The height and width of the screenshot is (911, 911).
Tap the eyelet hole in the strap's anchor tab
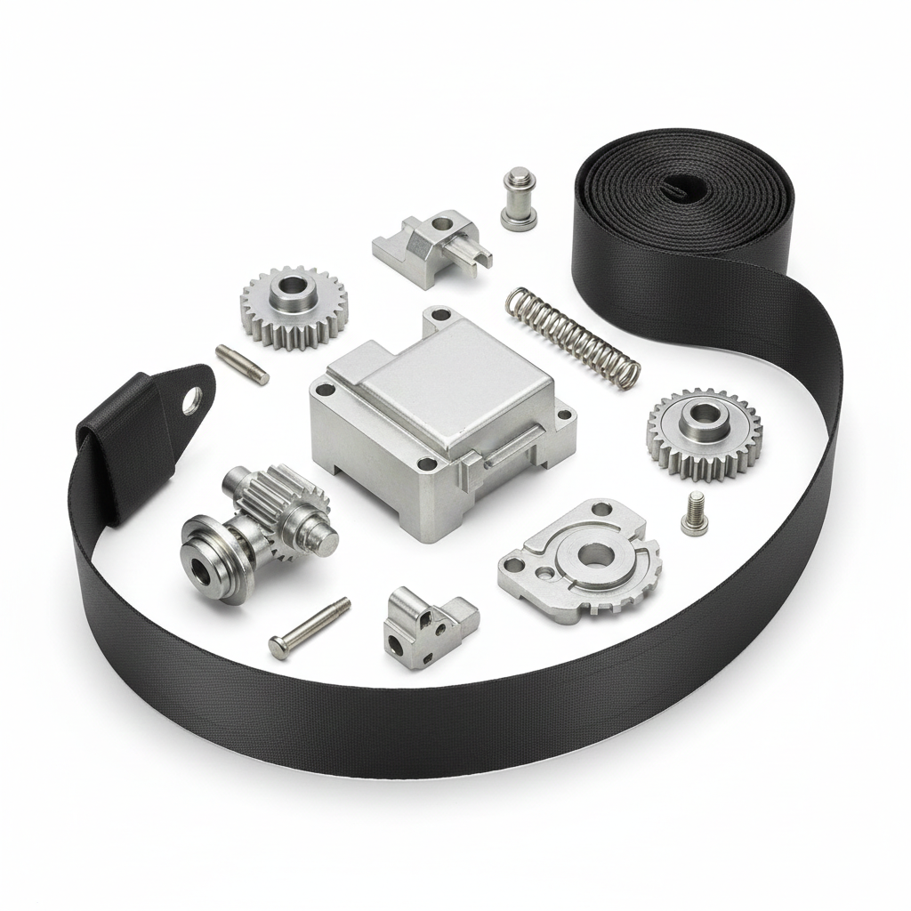[189, 407]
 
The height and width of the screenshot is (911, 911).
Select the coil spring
[572, 335]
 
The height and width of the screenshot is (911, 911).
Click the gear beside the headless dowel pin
[293, 306]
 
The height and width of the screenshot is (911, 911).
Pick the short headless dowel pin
[242, 365]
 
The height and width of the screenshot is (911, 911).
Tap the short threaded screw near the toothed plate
[694, 514]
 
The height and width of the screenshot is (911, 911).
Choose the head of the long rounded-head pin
[278, 649]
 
